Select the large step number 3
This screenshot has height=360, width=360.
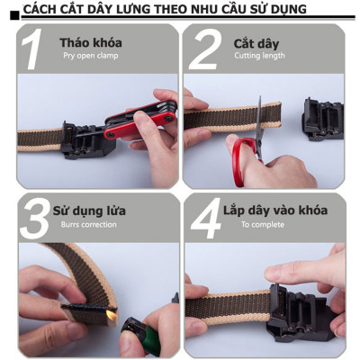34,219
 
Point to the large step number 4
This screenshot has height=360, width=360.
203,219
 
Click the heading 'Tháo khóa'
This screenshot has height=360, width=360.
91,42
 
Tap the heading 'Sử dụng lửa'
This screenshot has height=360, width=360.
89,211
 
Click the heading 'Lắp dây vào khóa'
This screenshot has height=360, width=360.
275,211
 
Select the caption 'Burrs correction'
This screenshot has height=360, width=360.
86,225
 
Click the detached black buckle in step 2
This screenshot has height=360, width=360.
322,118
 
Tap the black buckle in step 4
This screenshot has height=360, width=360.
297,310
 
